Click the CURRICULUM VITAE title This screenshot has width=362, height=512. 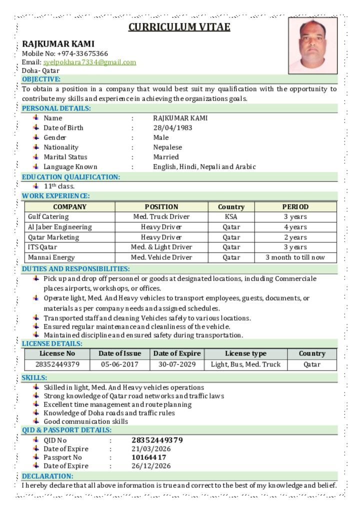pyautogui.click(x=179, y=27)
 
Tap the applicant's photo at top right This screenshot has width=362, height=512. pyautogui.click(x=313, y=45)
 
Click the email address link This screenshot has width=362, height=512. pyautogui.click(x=89, y=62)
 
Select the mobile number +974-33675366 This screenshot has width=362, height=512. pyautogui.click(x=82, y=53)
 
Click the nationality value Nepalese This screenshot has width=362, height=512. pyautogui.click(x=167, y=147)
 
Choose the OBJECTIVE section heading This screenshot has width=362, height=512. pyautogui.click(x=41, y=79)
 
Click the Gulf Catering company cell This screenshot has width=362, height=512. pyautogui.click(x=48, y=217)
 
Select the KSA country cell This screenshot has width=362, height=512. pyautogui.click(x=231, y=217)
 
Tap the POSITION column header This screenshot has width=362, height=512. pyautogui.click(x=161, y=207)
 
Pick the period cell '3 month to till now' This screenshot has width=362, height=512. pyautogui.click(x=295, y=257)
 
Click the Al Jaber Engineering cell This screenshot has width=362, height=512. pyautogui.click(x=60, y=227)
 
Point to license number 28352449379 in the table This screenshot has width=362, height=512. pyautogui.click(x=57, y=364)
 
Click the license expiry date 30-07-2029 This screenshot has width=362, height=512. pyautogui.click(x=177, y=364)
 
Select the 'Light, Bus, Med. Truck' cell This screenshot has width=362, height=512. pyautogui.click(x=245, y=364)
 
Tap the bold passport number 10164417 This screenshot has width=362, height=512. pyautogui.click(x=149, y=457)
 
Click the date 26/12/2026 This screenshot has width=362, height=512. pyautogui.click(x=151, y=466)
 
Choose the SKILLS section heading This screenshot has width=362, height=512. pyautogui.click(x=34, y=378)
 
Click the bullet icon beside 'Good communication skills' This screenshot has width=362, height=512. pyautogui.click(x=36, y=421)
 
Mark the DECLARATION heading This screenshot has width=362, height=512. pyautogui.click(x=47, y=476)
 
